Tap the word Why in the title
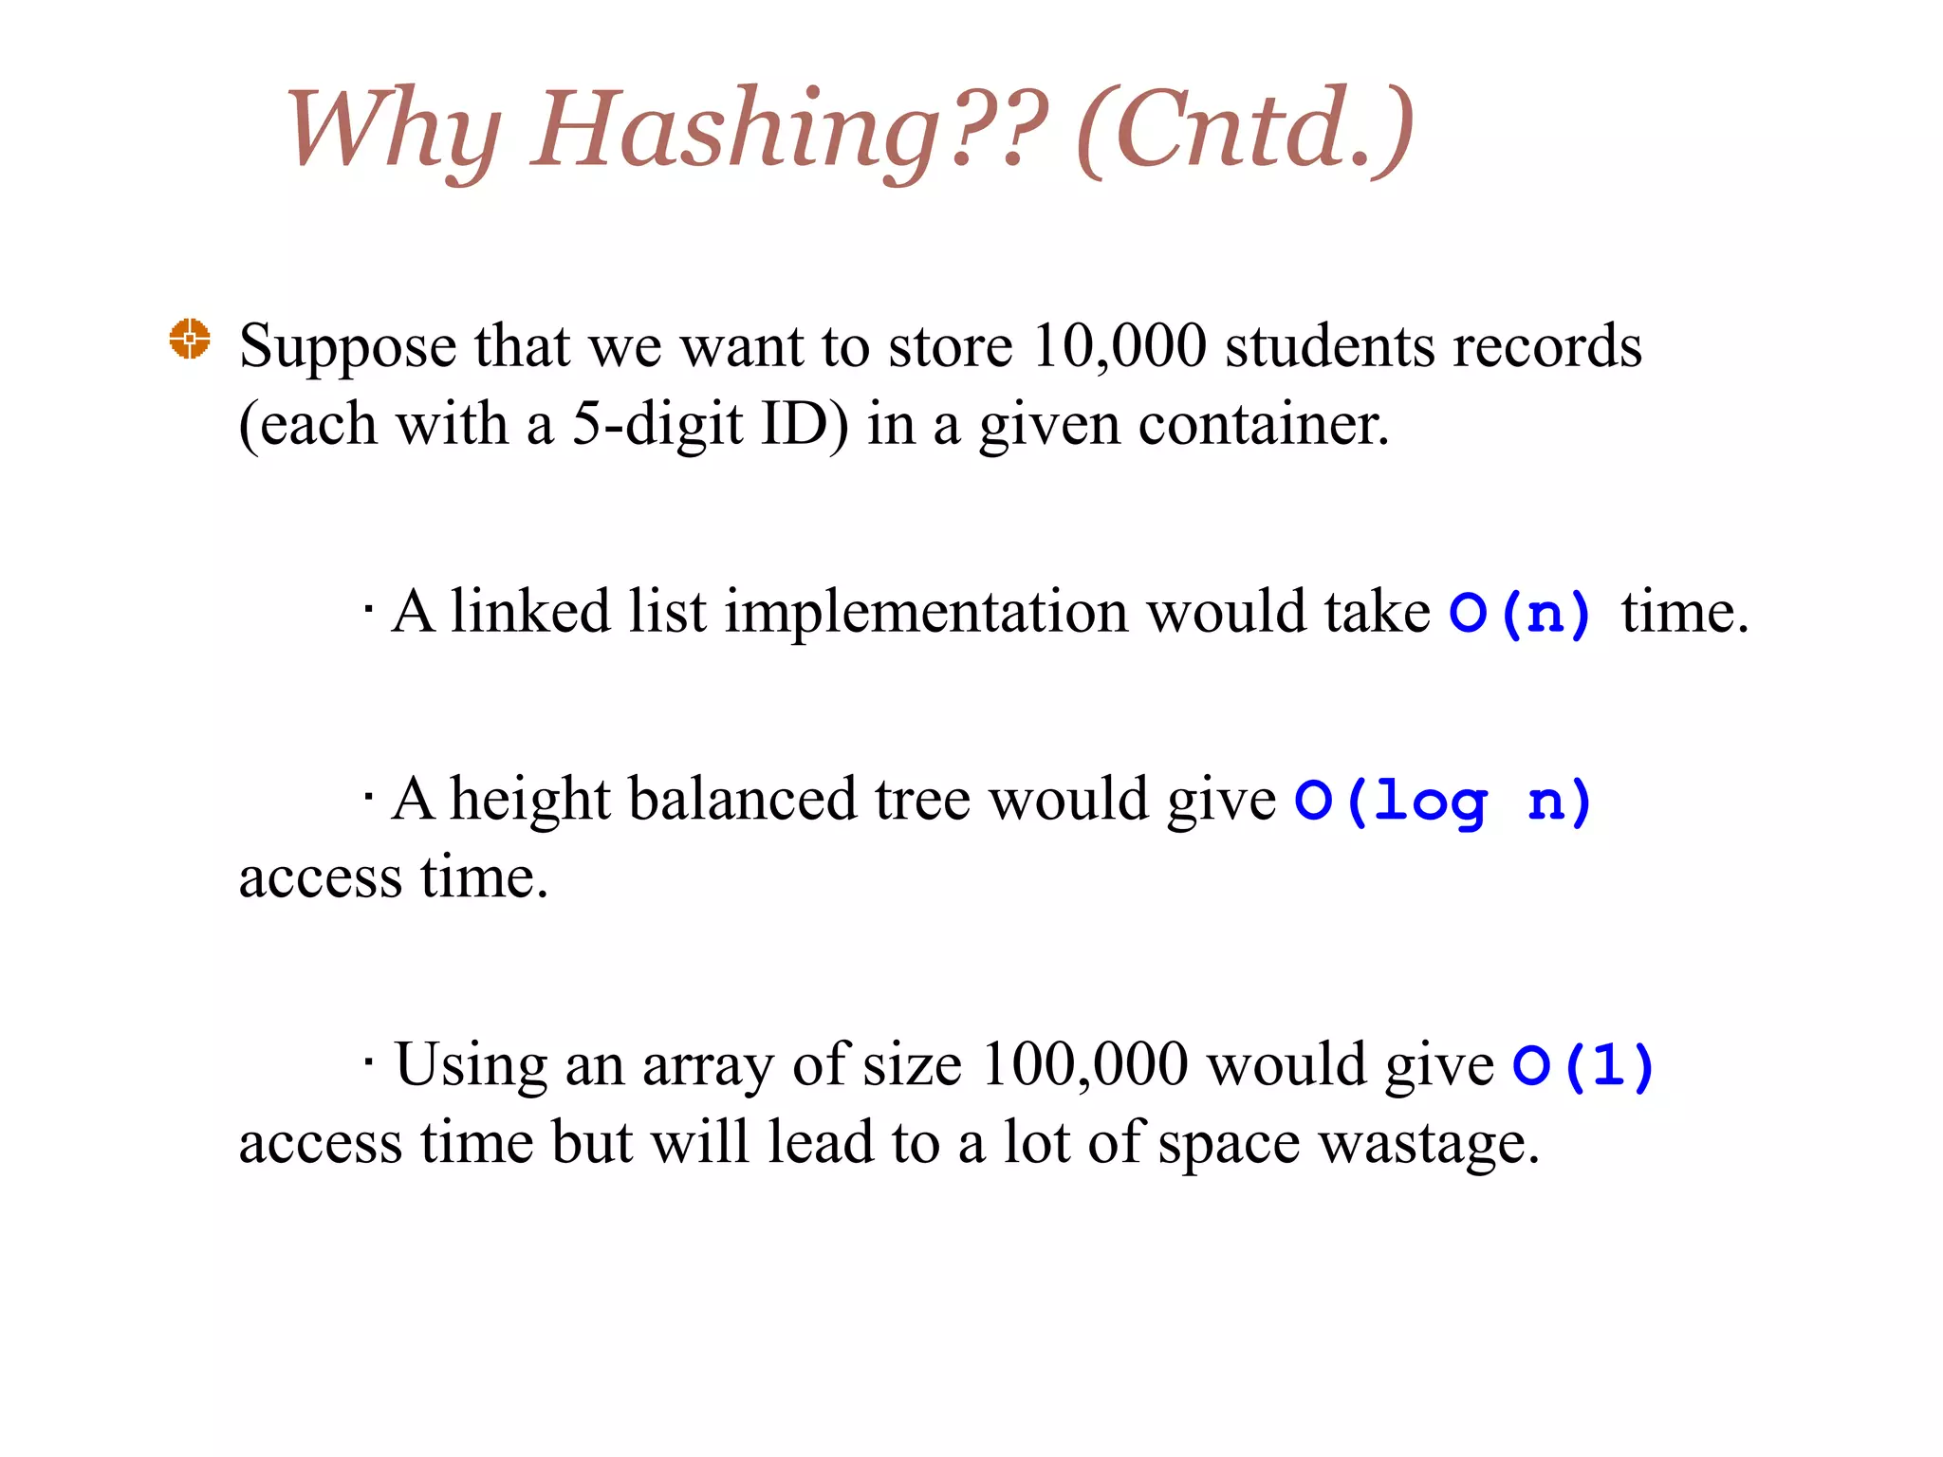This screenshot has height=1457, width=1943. (x=394, y=130)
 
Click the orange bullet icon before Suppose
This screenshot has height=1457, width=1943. (x=190, y=339)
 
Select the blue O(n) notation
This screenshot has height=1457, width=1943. (x=1520, y=613)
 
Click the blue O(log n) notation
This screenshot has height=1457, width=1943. (x=1443, y=801)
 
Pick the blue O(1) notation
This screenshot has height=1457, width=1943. (x=1583, y=1065)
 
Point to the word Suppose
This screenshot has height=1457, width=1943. (x=348, y=347)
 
